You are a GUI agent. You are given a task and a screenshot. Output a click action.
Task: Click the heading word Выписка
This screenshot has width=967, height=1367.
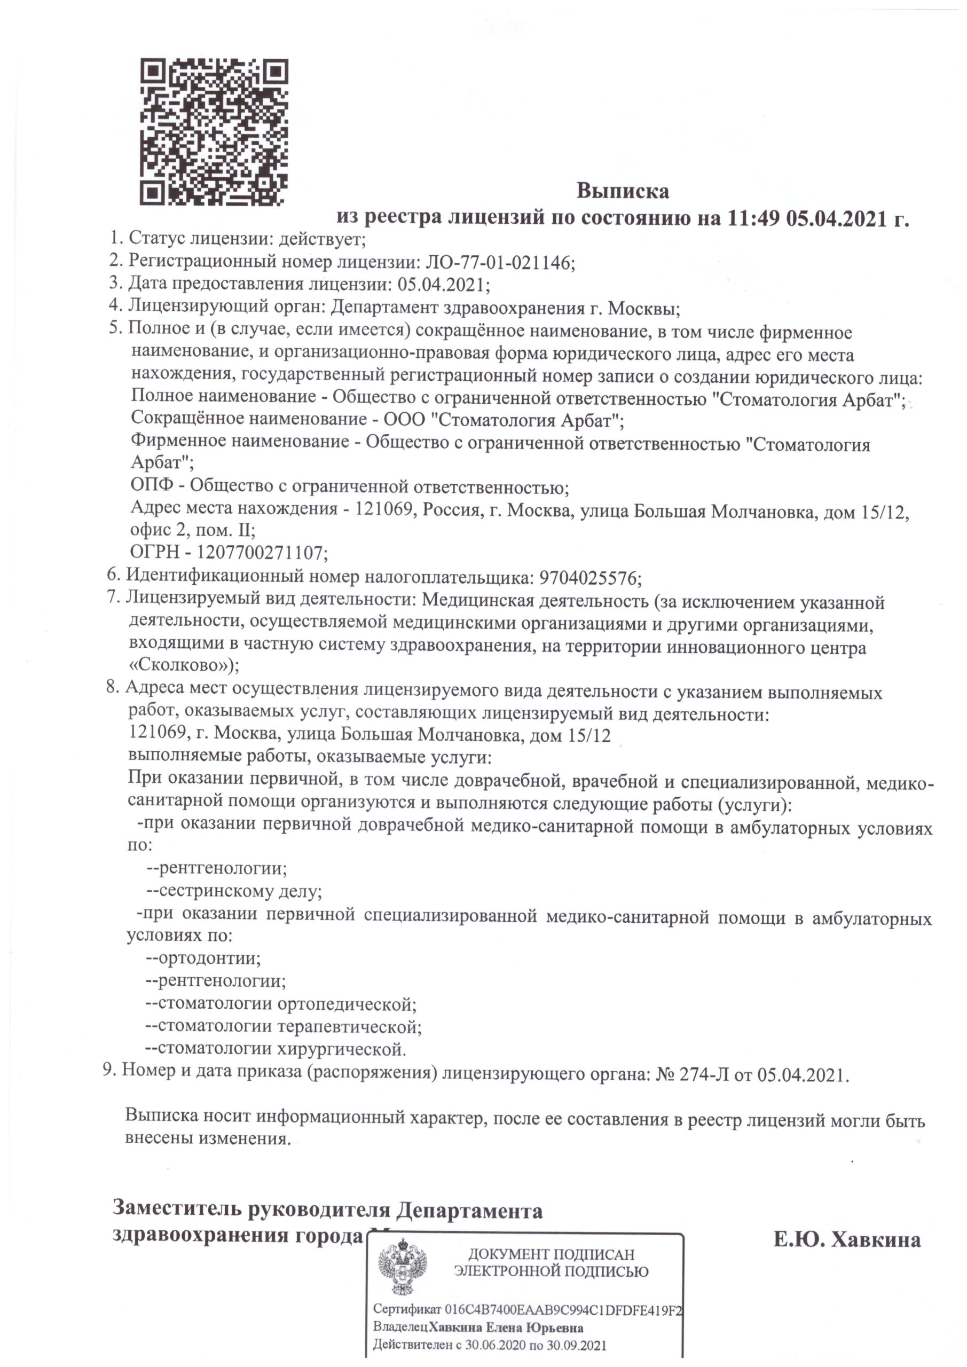pos(622,191)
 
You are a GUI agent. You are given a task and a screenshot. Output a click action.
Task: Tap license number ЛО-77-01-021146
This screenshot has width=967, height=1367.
pos(498,262)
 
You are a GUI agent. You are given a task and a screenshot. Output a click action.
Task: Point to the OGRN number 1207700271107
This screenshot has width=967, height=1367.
pos(262,554)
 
